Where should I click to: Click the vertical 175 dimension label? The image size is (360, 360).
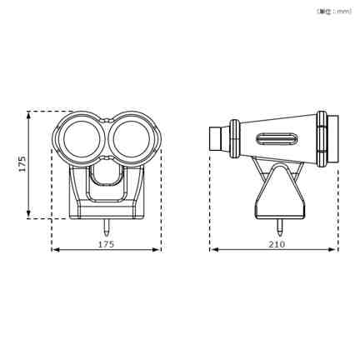[22, 164]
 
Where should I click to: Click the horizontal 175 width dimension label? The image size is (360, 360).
[106, 244]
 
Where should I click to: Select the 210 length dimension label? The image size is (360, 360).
[277, 244]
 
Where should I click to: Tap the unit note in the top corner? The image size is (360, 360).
[334, 12]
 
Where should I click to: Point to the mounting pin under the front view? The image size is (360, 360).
[107, 227]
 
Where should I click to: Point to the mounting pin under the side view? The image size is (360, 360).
[280, 227]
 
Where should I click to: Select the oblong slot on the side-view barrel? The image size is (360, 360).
[277, 138]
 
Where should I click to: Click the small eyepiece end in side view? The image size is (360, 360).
[216, 138]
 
